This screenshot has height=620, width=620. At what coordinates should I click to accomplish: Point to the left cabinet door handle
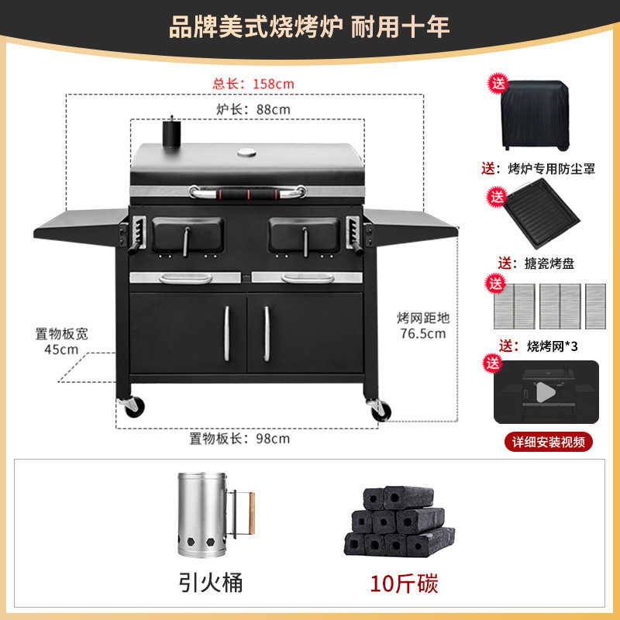(228, 332)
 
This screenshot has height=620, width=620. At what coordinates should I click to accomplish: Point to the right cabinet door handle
(266, 332)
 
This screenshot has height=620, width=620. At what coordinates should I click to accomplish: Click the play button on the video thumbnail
(546, 392)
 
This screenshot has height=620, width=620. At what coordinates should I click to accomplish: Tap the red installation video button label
(547, 442)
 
